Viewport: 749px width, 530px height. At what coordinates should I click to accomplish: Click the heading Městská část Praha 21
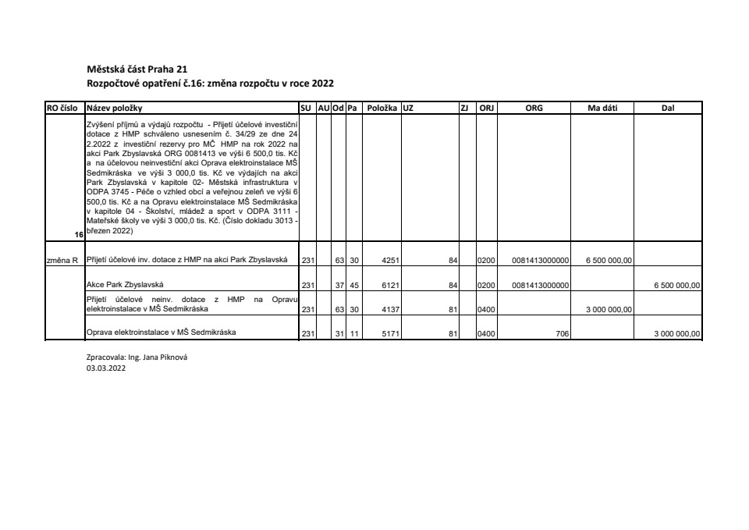pos(137,69)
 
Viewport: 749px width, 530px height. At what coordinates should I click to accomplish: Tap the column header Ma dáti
pos(602,108)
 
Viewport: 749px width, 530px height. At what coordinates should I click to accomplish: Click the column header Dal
pos(667,108)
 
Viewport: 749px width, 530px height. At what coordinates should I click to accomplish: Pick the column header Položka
pos(382,108)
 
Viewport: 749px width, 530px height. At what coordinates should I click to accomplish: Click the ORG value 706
pos(561,333)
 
